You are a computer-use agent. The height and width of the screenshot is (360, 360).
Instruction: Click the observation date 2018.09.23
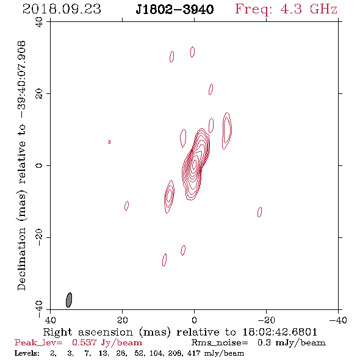(62, 9)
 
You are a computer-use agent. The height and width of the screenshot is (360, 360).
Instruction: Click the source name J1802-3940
(175, 9)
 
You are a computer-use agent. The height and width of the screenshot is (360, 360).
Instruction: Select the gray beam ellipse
(69, 300)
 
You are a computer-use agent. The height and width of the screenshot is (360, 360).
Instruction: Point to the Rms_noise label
(220, 343)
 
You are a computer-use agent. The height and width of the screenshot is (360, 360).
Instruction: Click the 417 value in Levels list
(194, 353)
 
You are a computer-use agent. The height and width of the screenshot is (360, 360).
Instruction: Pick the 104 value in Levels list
(156, 353)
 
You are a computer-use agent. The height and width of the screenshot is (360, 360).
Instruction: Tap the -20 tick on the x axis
(266, 320)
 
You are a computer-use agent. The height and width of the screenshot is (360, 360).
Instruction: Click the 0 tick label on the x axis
(195, 320)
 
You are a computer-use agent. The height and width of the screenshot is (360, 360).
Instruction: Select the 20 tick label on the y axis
(39, 94)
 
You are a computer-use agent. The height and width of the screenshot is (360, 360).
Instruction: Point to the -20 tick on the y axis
(39, 237)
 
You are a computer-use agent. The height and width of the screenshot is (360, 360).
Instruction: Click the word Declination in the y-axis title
(21, 259)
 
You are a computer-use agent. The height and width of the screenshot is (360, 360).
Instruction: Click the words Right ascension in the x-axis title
(88, 332)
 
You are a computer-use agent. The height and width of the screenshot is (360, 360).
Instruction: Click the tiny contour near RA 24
(109, 142)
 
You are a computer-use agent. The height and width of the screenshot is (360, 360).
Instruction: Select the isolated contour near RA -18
(260, 212)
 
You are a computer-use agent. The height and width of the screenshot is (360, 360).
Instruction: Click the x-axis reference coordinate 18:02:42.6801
(279, 332)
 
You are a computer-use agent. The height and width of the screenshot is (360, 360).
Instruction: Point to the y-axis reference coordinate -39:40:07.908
(21, 80)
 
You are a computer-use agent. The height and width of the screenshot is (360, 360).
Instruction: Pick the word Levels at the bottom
(27, 353)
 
